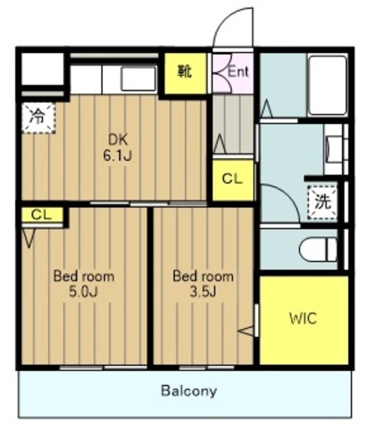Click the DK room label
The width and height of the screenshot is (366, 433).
[x=118, y=140]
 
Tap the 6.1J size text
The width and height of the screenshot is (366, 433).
[x=117, y=156]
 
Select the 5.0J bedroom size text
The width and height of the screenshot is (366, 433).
[x=83, y=292]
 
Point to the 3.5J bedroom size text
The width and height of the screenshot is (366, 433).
[x=202, y=292]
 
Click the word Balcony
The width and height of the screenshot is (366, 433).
[x=189, y=391]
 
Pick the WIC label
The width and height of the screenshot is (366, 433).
[x=303, y=319]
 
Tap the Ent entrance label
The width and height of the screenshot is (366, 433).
[x=238, y=72]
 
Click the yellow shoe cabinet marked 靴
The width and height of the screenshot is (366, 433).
[x=185, y=73]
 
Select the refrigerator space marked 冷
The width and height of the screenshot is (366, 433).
[x=39, y=118]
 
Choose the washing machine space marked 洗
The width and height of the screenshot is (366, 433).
[x=322, y=202]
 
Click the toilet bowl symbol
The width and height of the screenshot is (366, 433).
[x=318, y=250]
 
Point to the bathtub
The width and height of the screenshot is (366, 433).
[x=327, y=86]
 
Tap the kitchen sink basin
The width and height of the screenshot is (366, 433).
[x=138, y=78]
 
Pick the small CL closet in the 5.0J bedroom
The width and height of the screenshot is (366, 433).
[x=42, y=214]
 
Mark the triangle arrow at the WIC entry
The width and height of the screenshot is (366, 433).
[x=246, y=331]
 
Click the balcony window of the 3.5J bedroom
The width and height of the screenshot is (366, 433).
[x=206, y=367]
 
